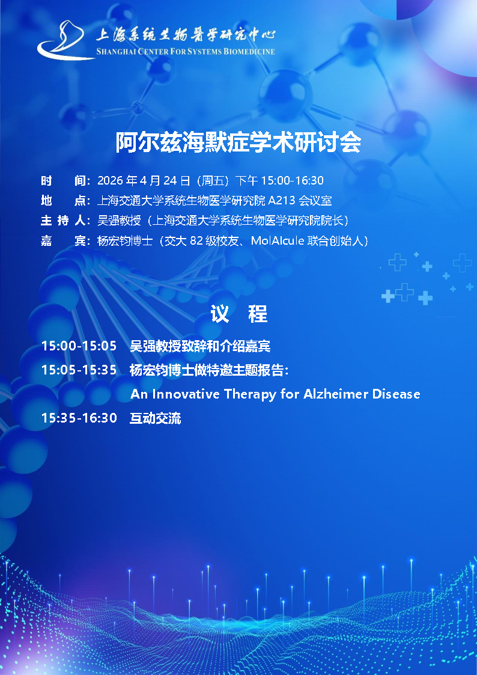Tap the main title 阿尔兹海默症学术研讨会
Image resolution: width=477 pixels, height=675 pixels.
click(239, 142)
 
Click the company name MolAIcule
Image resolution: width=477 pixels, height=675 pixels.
click(278, 240)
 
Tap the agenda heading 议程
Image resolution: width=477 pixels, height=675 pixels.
click(239, 314)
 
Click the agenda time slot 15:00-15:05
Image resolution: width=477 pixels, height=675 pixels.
click(79, 346)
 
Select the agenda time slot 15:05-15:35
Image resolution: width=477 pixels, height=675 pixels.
click(79, 370)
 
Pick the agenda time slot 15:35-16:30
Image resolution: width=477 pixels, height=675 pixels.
click(79, 418)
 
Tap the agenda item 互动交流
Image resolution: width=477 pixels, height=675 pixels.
click(155, 418)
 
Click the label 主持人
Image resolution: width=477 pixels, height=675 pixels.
click(63, 221)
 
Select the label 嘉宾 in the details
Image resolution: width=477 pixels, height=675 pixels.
click(63, 240)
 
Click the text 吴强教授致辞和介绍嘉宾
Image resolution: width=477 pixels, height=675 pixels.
click(200, 346)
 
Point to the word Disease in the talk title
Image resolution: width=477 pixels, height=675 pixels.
click(396, 394)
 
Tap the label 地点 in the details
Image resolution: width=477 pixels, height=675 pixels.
click(63, 201)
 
